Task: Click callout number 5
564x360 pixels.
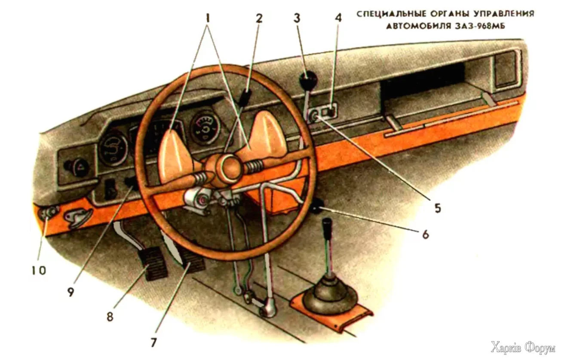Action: coord(437,208)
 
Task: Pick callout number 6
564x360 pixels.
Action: coord(425,235)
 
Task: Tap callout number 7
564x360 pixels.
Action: coord(153,343)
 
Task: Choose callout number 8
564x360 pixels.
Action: coord(110,317)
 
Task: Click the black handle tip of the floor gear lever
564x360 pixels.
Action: coord(328,225)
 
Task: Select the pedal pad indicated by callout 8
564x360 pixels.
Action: coord(152,265)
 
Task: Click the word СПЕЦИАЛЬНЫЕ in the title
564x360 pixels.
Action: coord(389,14)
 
